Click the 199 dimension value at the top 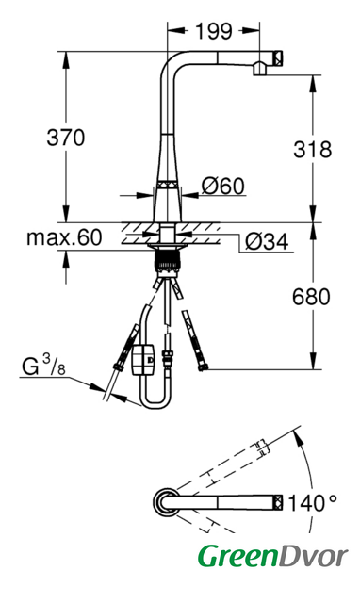point(214,31)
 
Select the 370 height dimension point(65,138)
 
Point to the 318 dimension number point(312,149)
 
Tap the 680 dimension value point(311,297)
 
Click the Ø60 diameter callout point(223,186)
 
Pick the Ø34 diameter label point(267,242)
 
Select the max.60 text point(64,237)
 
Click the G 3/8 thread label point(43,366)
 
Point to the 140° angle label point(312,503)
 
